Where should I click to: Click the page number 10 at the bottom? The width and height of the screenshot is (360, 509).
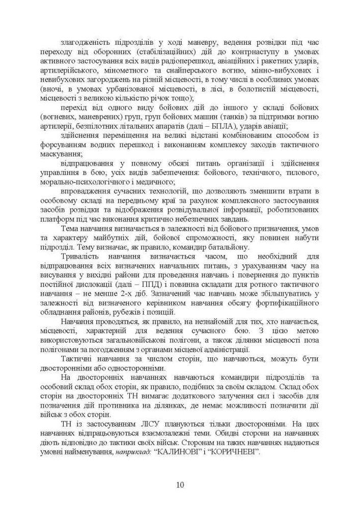pos(180,484)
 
